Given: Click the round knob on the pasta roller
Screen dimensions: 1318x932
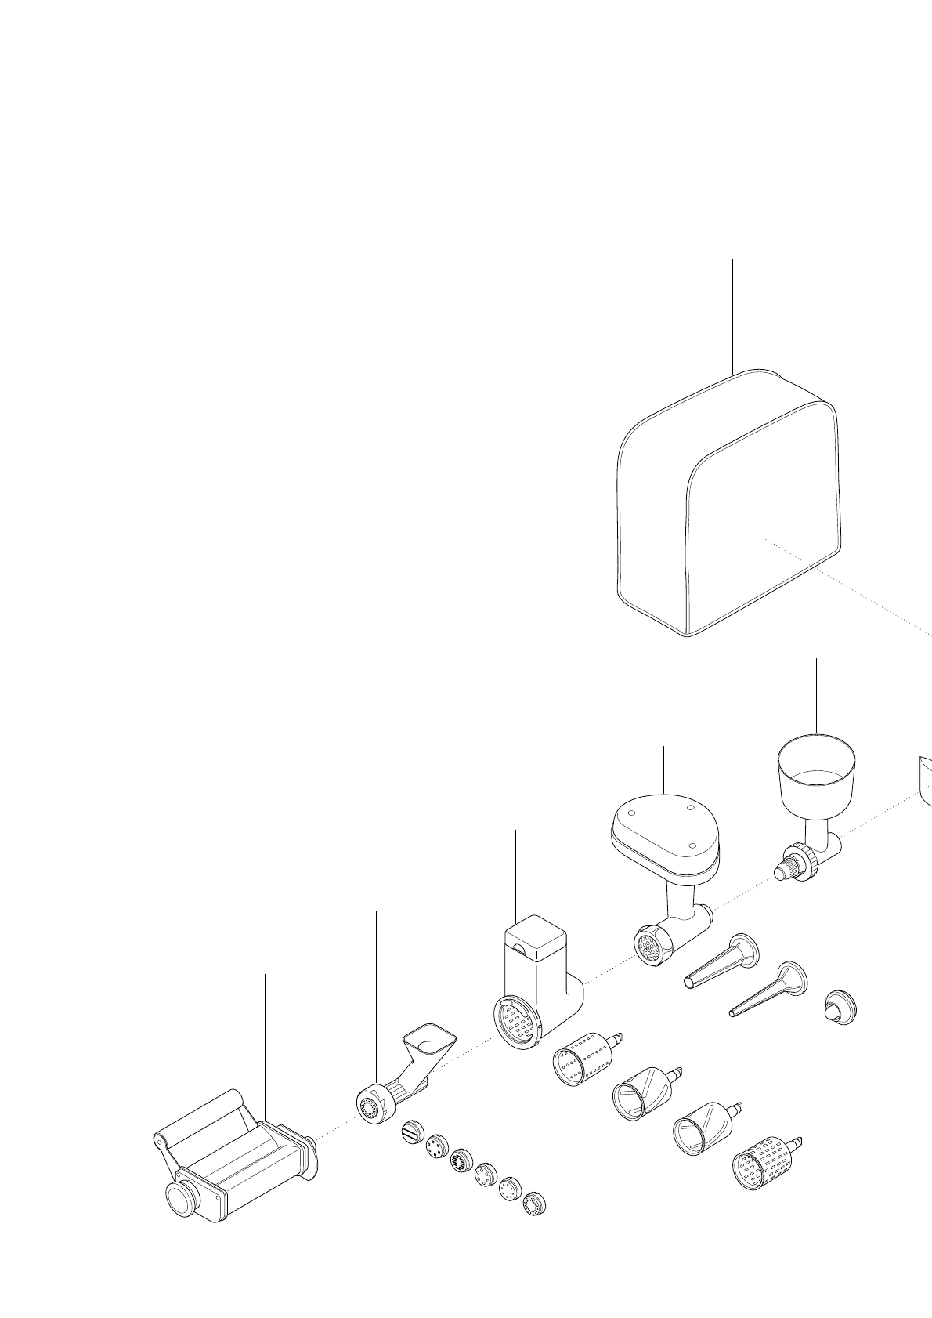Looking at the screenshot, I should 181,1198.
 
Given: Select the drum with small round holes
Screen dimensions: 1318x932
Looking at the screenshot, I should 581,1058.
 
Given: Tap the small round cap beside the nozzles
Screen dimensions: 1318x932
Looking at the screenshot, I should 840,1008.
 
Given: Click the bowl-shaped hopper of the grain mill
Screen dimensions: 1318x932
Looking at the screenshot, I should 815,772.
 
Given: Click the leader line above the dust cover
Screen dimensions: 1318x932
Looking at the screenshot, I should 732,313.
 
